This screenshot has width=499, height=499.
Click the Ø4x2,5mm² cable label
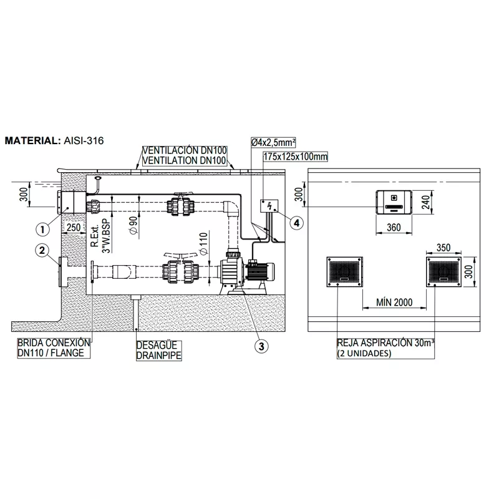pyautogui.click(x=273, y=142)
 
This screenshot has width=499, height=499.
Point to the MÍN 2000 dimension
pyautogui.click(x=394, y=302)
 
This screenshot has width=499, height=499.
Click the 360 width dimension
pyautogui.click(x=394, y=228)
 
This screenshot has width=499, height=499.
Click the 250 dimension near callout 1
pyautogui.click(x=74, y=228)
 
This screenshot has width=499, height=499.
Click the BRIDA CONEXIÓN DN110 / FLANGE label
pyautogui.click(x=54, y=348)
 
